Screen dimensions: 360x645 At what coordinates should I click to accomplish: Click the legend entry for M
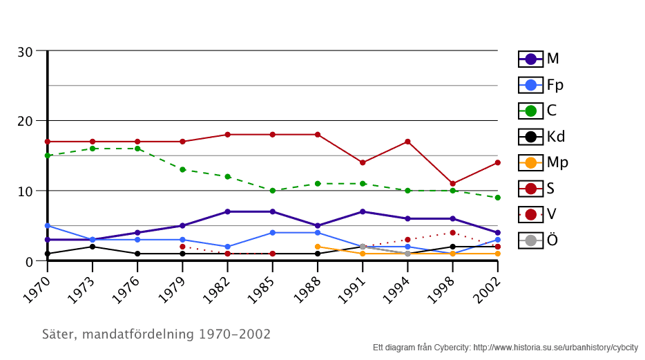tap(539, 59)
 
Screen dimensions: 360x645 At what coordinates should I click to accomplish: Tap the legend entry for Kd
tap(542, 136)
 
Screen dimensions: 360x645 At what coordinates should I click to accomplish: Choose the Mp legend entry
tap(543, 162)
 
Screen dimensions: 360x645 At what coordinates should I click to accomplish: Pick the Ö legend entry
tap(539, 240)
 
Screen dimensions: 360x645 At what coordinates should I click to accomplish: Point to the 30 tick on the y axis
tap(25, 52)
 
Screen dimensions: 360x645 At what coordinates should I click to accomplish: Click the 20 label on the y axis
tap(25, 121)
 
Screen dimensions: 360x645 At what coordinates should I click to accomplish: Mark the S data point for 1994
tap(407, 142)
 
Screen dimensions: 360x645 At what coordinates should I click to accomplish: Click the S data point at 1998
tap(452, 184)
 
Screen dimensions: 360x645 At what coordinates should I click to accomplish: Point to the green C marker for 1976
tap(137, 149)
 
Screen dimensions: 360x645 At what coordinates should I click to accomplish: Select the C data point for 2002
tap(497, 198)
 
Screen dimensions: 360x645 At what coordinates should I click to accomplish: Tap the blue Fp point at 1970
tap(48, 226)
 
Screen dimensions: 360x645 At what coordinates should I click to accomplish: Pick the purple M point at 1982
tap(227, 211)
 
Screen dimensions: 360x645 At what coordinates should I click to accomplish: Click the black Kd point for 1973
tap(93, 247)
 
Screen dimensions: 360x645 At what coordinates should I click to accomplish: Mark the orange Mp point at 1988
tap(317, 247)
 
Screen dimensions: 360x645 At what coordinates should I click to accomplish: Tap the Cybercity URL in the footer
tap(555, 348)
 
